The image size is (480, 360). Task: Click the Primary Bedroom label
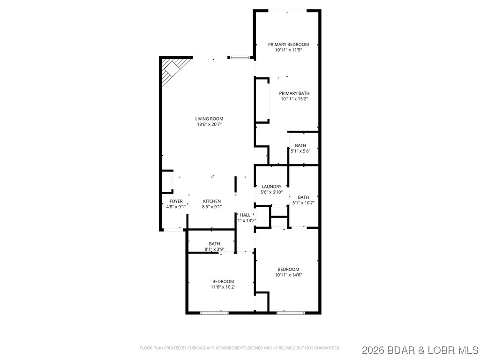[x=288, y=45]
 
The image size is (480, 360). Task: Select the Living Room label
[x=209, y=119]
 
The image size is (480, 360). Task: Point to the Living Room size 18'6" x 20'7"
[x=209, y=124]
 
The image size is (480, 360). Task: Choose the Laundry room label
[x=271, y=187]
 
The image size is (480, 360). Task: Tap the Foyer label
[x=176, y=201]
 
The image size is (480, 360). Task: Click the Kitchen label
[x=211, y=201]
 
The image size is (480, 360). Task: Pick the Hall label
[x=245, y=215]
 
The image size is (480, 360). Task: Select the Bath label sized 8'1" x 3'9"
[x=214, y=244]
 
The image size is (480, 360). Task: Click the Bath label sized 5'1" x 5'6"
[x=300, y=145]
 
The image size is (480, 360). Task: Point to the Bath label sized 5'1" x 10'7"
[x=303, y=197]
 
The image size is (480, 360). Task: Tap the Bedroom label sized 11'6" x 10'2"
[x=223, y=281]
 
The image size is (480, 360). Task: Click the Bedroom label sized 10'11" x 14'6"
[x=288, y=269]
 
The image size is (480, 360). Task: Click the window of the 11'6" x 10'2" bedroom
[x=214, y=312]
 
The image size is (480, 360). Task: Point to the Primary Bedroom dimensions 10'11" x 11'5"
[x=288, y=50]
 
